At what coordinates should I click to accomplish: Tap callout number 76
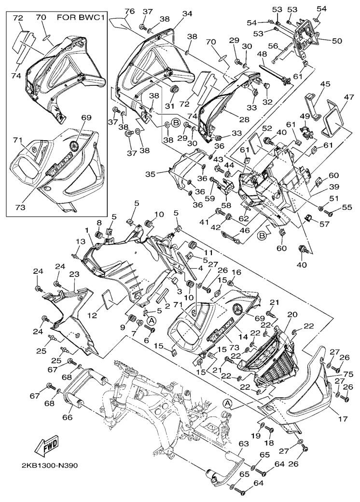(x=129, y=11)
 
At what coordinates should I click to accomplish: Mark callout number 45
(x=312, y=83)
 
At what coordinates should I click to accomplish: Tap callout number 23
(x=74, y=273)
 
